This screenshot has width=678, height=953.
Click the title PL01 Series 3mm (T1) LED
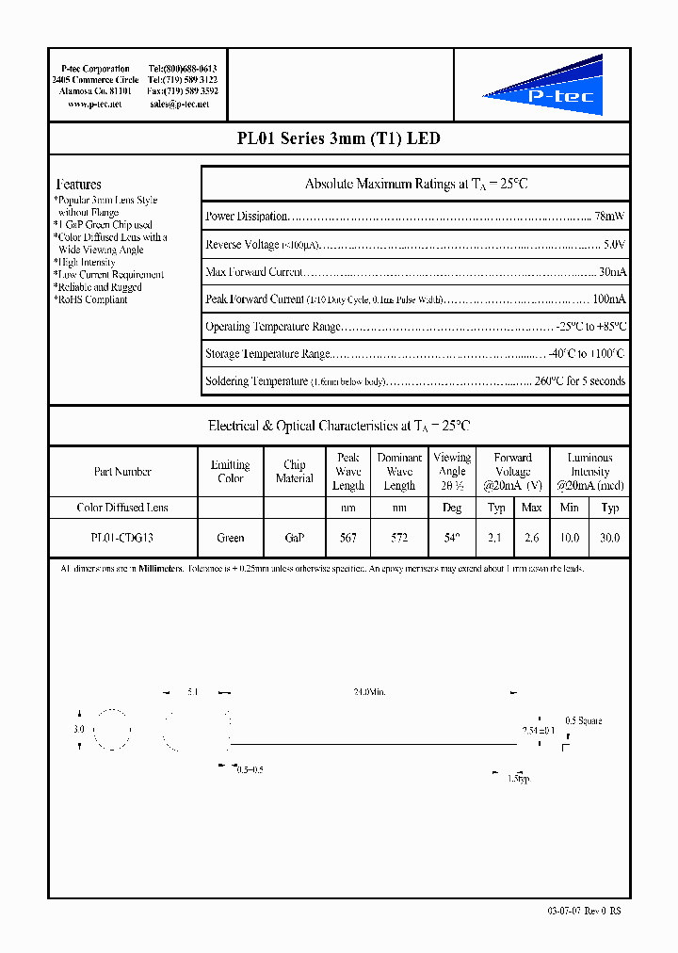(338, 138)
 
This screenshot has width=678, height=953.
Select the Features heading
(79, 185)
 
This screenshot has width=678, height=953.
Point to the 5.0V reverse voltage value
(613, 244)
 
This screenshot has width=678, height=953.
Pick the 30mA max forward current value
(611, 272)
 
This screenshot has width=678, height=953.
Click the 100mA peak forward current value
(608, 299)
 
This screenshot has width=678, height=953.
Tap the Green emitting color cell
(230, 538)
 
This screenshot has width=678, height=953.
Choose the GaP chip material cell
(294, 538)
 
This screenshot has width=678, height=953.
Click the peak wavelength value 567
(347, 538)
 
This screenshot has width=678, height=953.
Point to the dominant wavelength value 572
(399, 538)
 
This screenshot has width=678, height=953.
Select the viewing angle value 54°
(452, 538)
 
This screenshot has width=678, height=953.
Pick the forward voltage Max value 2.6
(531, 538)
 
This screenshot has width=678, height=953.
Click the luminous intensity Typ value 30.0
(610, 538)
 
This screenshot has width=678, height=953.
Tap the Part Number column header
(122, 472)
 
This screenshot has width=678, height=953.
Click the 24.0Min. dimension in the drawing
(369, 692)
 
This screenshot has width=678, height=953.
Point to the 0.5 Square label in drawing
(583, 720)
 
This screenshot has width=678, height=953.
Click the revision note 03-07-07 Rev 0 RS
(584, 911)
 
